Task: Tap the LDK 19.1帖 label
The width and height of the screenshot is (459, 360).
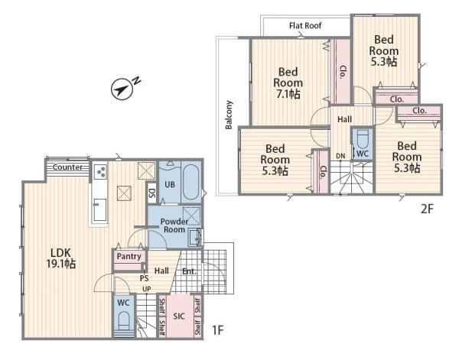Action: [61, 258]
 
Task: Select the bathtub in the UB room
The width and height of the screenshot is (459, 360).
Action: [190, 182]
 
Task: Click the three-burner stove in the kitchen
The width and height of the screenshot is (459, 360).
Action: [100, 171]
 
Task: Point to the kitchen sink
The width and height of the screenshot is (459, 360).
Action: [99, 209]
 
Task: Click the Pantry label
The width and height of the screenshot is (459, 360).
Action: [129, 257]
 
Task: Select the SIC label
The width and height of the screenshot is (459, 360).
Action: [179, 316]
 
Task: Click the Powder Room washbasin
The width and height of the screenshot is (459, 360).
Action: [194, 237]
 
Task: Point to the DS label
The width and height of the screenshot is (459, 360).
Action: [152, 193]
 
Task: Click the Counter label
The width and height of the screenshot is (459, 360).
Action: [67, 167]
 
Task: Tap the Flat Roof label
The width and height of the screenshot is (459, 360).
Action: [305, 26]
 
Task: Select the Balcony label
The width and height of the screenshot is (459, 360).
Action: [229, 115]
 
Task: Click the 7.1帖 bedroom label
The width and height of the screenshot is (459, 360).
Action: [288, 83]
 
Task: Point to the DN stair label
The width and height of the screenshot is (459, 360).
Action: [340, 156]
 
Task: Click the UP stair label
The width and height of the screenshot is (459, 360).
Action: [147, 289]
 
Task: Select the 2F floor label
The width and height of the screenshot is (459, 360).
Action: [427, 209]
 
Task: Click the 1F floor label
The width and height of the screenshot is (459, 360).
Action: [217, 330]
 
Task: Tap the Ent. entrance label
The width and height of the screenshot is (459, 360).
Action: [189, 271]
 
